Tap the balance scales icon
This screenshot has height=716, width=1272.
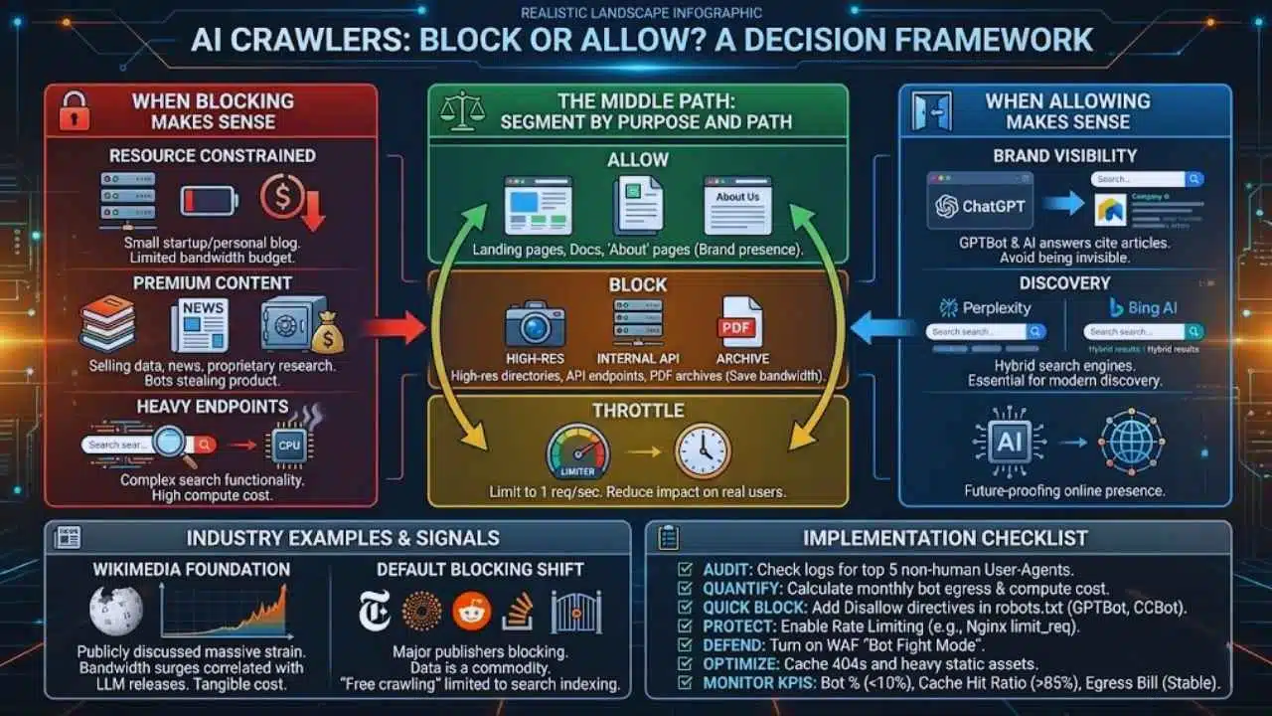pos(458,109)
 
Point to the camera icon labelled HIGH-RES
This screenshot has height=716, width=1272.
pos(534,324)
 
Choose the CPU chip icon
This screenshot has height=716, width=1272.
pos(289,445)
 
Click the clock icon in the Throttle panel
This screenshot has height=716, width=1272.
pos(703,451)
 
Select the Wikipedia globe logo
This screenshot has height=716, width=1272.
pos(116,610)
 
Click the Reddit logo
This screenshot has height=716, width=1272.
pos(471,611)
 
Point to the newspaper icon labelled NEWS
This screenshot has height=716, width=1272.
pos(200,324)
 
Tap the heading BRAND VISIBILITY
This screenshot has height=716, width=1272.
pos(1064,155)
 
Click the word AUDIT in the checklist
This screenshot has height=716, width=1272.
pos(727,570)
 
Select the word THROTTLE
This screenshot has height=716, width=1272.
pos(637,411)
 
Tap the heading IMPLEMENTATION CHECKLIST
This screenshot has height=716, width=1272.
pos(945,538)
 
